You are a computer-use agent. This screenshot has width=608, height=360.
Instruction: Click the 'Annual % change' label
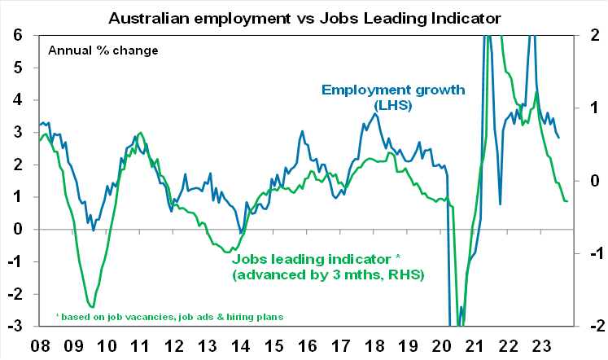tap(103, 50)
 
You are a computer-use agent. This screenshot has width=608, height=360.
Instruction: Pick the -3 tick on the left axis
tap(16, 327)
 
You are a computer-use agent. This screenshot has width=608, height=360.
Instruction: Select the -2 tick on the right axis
tap(593, 327)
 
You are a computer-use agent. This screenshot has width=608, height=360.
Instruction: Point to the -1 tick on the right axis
tap(593, 254)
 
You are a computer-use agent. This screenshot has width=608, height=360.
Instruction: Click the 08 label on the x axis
tap(39, 345)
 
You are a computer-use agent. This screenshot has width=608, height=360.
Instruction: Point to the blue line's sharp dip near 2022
tap(500, 204)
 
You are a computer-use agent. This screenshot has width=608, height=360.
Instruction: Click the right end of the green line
tap(567, 201)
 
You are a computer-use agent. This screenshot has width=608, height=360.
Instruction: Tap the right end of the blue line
tap(558, 137)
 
